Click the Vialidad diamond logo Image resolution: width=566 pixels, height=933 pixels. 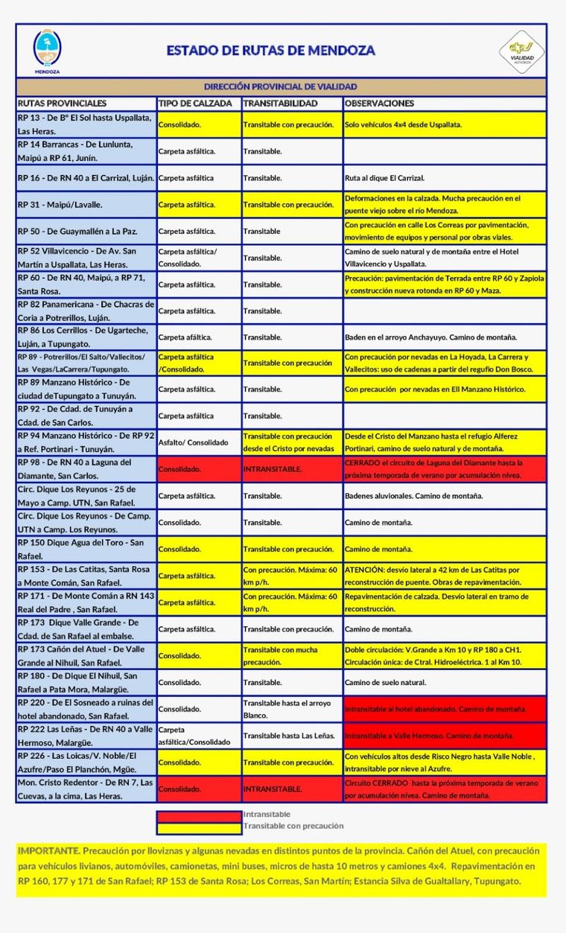pos(521,51)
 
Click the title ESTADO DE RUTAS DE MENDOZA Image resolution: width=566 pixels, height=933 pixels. pos(270,51)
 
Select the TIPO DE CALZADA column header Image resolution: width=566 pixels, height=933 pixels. pos(195,104)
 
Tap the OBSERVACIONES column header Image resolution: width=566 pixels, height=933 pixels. pos(380,104)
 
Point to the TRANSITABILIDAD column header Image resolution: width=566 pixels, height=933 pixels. pos(280,104)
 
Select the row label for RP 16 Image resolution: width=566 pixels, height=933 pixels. pos(86,178)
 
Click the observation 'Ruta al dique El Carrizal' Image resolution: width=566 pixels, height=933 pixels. pos(384,178)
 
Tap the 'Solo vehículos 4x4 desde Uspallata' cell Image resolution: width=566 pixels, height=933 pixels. pos(403,124)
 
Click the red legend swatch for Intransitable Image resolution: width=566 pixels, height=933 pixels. pos(199,815)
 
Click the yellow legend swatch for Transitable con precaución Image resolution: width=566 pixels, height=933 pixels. pos(199,827)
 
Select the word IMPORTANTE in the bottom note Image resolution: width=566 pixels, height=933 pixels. pos(48,850)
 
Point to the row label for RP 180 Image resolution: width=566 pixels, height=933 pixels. pos(86,682)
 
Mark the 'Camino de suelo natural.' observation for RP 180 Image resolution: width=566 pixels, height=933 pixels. pos(386,683)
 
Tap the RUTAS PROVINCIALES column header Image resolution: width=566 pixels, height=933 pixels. pos(62,104)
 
